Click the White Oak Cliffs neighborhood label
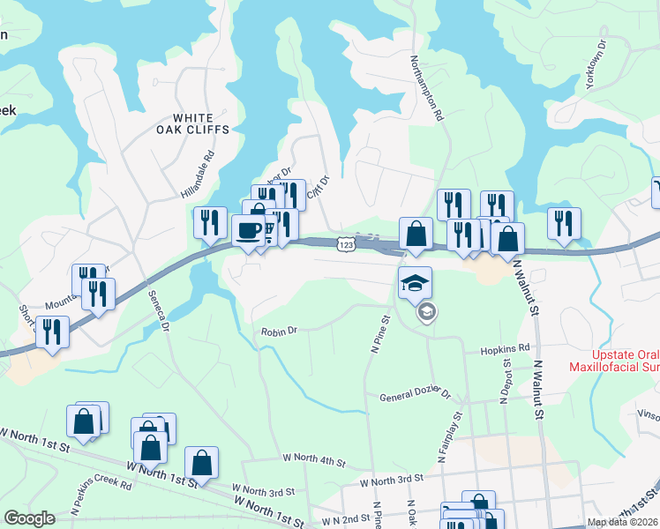(x=200, y=123)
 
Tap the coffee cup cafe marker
(x=248, y=232)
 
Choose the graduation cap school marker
(x=416, y=283)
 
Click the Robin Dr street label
(x=279, y=332)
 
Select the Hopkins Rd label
(x=506, y=350)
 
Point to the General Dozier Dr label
(x=415, y=397)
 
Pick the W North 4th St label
(x=314, y=460)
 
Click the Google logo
(x=29, y=518)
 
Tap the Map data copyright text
(x=622, y=522)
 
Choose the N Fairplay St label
(x=449, y=436)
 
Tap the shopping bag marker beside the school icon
(x=416, y=235)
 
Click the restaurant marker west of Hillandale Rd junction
(x=210, y=223)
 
